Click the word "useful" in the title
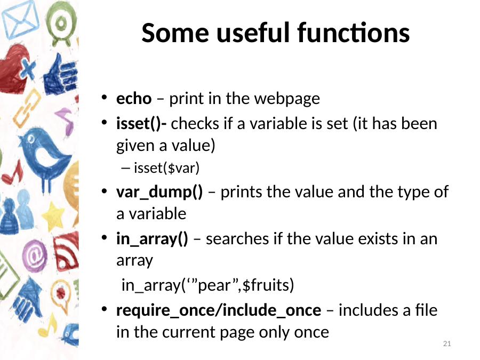tap(253, 33)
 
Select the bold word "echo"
tap(134, 99)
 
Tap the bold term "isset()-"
tap(141, 124)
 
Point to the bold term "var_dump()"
tap(159, 193)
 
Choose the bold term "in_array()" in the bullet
tap(152, 239)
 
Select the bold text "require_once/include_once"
tap(219, 310)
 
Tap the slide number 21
tap(447, 343)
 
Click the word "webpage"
tap(287, 99)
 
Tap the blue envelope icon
tap(20, 20)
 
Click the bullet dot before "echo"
tap(105, 98)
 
